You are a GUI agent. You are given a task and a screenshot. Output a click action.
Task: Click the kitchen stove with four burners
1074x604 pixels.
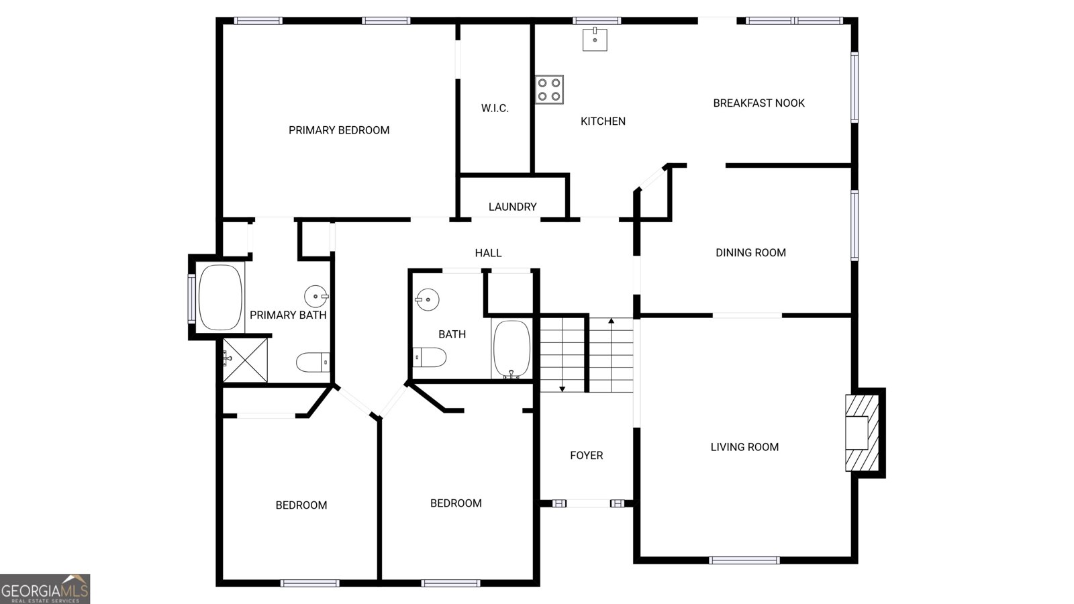550,90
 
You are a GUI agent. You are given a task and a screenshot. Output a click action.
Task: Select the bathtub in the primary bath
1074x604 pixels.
220,297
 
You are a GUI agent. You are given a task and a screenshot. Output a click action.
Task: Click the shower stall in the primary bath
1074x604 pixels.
245,360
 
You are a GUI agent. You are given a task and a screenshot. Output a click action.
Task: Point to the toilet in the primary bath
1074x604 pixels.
313,362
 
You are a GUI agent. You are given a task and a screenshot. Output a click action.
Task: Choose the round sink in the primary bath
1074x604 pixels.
316,296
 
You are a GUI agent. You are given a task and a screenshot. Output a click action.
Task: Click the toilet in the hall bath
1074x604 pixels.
430,357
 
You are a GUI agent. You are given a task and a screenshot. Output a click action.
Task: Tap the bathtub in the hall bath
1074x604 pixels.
512,348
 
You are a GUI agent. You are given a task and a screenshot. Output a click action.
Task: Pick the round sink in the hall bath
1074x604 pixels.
427,299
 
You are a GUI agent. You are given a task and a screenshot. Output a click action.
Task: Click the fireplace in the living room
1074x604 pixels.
862,433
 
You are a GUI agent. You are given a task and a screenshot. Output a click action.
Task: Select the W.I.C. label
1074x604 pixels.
495,108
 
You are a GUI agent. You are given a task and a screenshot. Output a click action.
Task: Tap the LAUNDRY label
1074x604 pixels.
513,207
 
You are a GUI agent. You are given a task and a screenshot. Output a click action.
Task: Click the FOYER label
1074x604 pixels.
587,456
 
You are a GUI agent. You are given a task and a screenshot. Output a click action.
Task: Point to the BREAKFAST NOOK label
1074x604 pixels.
759,103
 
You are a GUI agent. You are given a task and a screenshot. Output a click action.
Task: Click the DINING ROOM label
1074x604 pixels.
751,252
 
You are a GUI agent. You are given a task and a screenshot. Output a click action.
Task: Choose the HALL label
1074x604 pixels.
488,253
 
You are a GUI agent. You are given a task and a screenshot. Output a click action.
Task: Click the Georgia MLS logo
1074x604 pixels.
45,589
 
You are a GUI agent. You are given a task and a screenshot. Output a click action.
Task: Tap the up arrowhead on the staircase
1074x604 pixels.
612,321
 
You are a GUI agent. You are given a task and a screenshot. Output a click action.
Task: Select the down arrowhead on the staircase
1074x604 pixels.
563,389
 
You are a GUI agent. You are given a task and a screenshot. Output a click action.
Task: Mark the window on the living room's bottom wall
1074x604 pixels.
744,560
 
